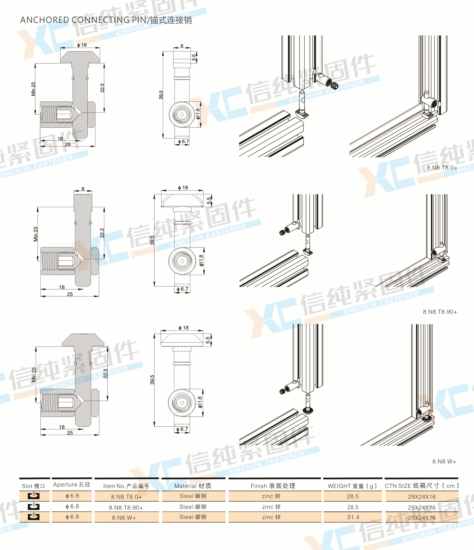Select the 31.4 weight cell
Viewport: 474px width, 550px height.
(x=353, y=517)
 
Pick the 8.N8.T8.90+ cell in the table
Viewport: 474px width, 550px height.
(x=126, y=507)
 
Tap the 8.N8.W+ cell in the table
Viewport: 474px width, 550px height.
(x=124, y=518)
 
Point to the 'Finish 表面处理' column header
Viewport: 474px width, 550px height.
(x=273, y=486)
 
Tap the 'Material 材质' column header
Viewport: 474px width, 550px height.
(x=193, y=486)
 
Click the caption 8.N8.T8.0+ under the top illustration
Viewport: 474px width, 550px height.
(x=442, y=167)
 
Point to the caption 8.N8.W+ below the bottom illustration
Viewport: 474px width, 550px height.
(x=444, y=461)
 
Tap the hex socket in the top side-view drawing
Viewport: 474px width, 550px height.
(x=182, y=115)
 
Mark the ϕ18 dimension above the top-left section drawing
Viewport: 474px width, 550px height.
(x=82, y=45)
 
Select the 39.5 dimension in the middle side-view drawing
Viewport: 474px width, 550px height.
(x=152, y=240)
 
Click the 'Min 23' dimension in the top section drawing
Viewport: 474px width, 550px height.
(x=33, y=89)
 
